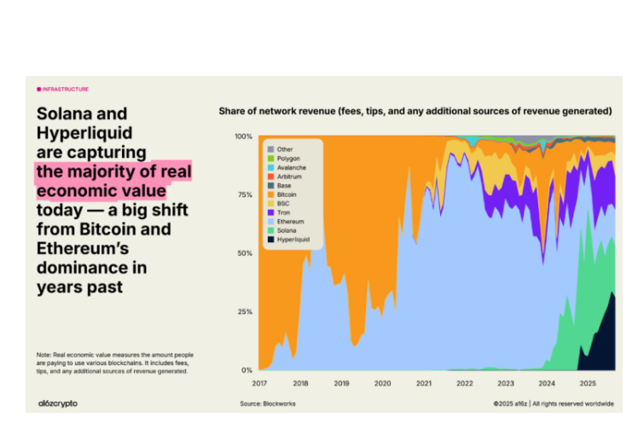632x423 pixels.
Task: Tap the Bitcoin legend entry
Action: click(x=287, y=194)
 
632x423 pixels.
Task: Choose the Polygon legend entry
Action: click(x=288, y=158)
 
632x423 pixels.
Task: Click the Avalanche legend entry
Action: click(x=291, y=167)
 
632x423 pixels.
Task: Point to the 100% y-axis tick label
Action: click(x=243, y=136)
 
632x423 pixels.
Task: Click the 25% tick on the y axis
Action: click(x=245, y=311)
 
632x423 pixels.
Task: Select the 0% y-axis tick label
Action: click(x=246, y=370)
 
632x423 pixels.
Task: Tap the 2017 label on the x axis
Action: click(x=259, y=383)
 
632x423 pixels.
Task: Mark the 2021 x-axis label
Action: click(x=423, y=383)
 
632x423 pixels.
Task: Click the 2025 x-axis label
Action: click(x=587, y=383)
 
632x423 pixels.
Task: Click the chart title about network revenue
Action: click(x=415, y=111)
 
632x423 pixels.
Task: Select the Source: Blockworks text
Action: click(x=268, y=403)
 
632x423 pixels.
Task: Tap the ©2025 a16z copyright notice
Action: click(x=554, y=403)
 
